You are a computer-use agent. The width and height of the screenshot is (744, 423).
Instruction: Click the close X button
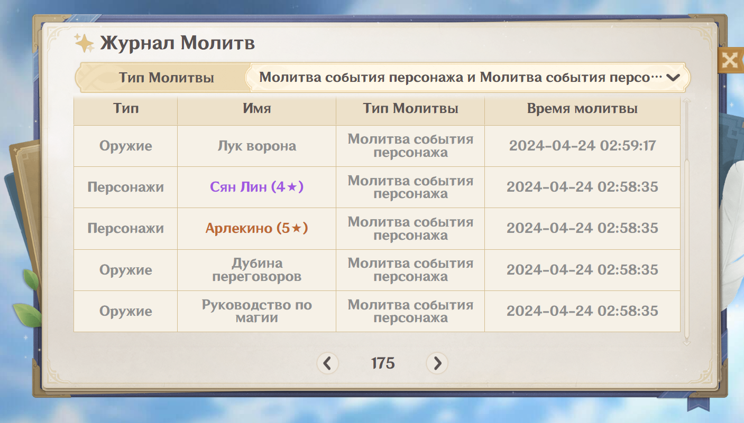[x=730, y=61]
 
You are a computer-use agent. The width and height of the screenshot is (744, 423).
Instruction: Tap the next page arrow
[x=437, y=363]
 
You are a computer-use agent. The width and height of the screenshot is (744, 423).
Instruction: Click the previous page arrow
[x=327, y=363]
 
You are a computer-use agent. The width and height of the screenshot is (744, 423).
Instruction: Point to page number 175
[x=383, y=363]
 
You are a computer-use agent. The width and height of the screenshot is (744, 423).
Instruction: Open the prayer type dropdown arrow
[x=673, y=78]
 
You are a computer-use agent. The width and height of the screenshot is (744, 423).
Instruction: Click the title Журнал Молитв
[x=177, y=43]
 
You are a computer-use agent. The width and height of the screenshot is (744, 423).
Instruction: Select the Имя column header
[x=257, y=108]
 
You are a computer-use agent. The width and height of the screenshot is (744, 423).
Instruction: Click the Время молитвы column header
[x=582, y=109]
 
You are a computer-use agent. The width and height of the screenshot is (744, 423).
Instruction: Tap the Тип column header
[x=125, y=108]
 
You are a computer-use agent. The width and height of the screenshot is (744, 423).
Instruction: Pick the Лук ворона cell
[x=257, y=146]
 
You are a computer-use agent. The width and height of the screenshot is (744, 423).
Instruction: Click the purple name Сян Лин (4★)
[x=257, y=187]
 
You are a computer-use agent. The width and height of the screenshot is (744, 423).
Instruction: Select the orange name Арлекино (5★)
[x=257, y=228]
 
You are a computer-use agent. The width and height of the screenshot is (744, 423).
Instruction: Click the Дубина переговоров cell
[x=257, y=270]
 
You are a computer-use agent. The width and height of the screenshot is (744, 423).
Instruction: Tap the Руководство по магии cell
[x=257, y=311]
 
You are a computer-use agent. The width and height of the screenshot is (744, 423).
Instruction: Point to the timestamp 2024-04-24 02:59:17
[x=583, y=146]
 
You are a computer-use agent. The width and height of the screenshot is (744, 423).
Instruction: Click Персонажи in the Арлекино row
[x=125, y=228]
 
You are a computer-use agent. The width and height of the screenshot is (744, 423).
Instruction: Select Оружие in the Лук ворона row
[x=125, y=146]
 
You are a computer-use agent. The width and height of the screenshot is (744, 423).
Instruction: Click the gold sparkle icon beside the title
[x=84, y=43]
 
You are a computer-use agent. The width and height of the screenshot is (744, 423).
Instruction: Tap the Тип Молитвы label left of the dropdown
[x=167, y=78]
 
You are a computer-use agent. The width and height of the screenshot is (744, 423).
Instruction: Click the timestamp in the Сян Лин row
[x=582, y=187]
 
